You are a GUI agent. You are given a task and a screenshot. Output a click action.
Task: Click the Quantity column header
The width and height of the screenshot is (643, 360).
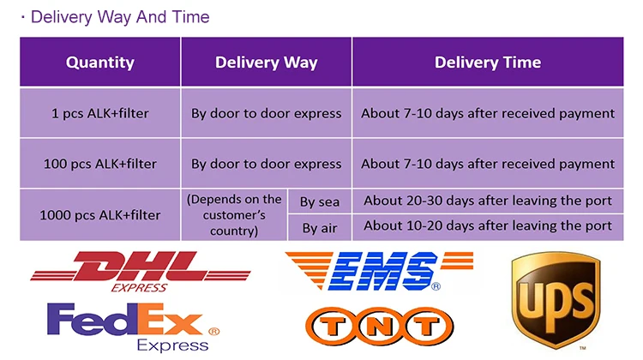100,62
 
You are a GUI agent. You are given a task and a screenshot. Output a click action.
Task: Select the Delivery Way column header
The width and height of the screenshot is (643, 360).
266,62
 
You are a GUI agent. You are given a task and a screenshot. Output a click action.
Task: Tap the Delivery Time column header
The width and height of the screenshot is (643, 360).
487,62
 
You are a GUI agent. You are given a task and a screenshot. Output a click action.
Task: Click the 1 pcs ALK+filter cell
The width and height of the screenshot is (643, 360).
100,113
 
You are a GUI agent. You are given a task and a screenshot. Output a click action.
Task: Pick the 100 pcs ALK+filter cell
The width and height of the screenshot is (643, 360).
100,164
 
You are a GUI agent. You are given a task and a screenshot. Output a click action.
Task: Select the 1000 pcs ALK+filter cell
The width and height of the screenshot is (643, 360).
100,214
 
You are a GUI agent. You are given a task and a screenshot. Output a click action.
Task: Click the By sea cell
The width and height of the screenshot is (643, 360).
319,202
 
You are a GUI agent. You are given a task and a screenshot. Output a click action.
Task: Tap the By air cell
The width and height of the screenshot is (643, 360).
319,227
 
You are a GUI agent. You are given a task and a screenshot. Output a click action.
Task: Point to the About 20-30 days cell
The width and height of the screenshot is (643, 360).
487,201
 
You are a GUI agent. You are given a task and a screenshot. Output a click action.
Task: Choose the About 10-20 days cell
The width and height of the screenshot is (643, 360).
487,226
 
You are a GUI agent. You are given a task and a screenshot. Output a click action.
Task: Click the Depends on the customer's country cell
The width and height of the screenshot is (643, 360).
234,214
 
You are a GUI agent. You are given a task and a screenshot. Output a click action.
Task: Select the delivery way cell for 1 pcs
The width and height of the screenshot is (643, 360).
266,113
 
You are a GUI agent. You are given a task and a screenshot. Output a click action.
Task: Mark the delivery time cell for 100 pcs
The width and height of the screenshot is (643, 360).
487,164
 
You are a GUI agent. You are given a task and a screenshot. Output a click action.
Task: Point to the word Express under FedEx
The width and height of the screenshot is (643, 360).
172,345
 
